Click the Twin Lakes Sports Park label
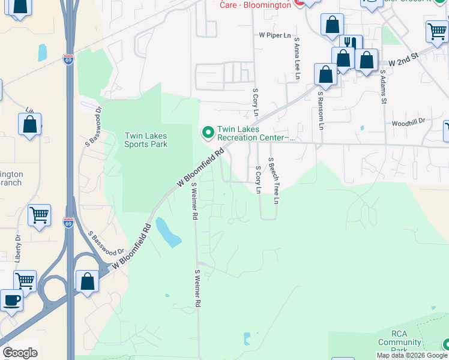[146, 139]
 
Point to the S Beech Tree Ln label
[274, 181]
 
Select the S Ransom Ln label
[321, 110]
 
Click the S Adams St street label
[383, 87]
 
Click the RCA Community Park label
[399, 341]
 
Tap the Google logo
[20, 353]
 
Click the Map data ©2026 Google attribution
[412, 355]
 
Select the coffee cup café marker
[11, 299]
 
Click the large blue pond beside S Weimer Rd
[167, 233]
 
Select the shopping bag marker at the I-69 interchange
[87, 281]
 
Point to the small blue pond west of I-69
[43, 53]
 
